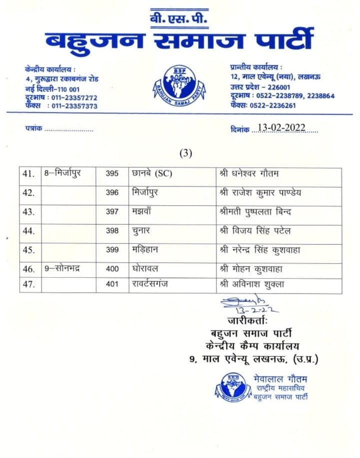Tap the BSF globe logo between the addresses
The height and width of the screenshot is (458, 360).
179,87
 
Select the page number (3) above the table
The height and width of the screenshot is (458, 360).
185,153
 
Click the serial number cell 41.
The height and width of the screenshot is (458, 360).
28,174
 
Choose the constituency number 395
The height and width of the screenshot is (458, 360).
112,174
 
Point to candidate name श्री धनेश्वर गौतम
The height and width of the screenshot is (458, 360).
248,174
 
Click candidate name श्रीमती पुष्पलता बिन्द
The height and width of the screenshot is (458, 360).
255,212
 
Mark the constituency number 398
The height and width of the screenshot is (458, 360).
112,231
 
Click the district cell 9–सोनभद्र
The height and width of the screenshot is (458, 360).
62,269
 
